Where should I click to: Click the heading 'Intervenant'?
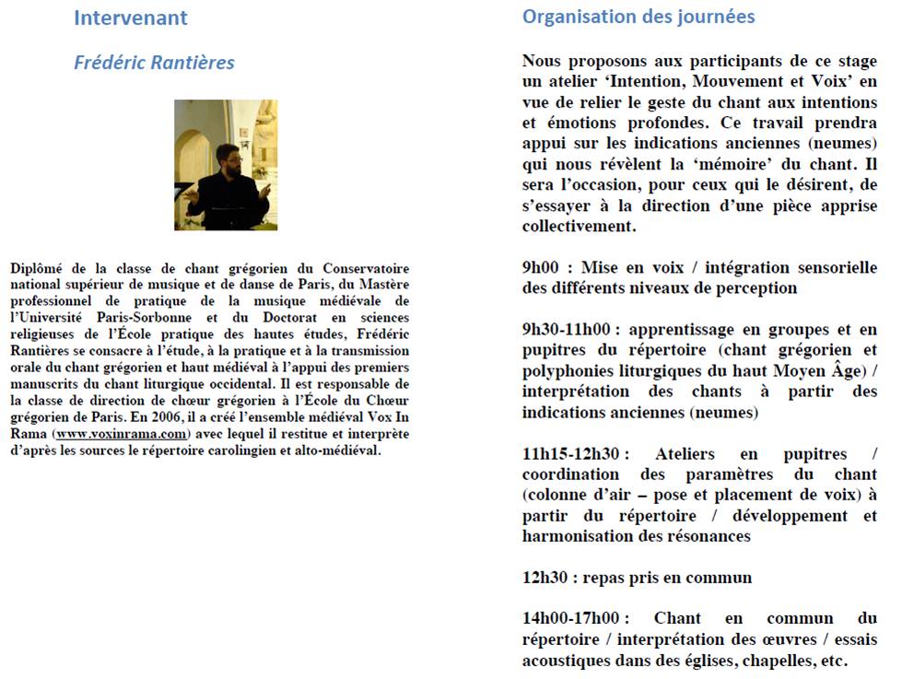[x=130, y=18]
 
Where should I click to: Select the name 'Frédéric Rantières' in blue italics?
[x=154, y=63]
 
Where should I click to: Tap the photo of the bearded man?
[x=226, y=165]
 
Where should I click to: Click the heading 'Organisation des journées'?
[x=639, y=17]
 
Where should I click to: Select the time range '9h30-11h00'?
[x=566, y=330]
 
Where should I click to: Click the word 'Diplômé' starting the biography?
[x=38, y=268]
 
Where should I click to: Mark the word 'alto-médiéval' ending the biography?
[x=336, y=451]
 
